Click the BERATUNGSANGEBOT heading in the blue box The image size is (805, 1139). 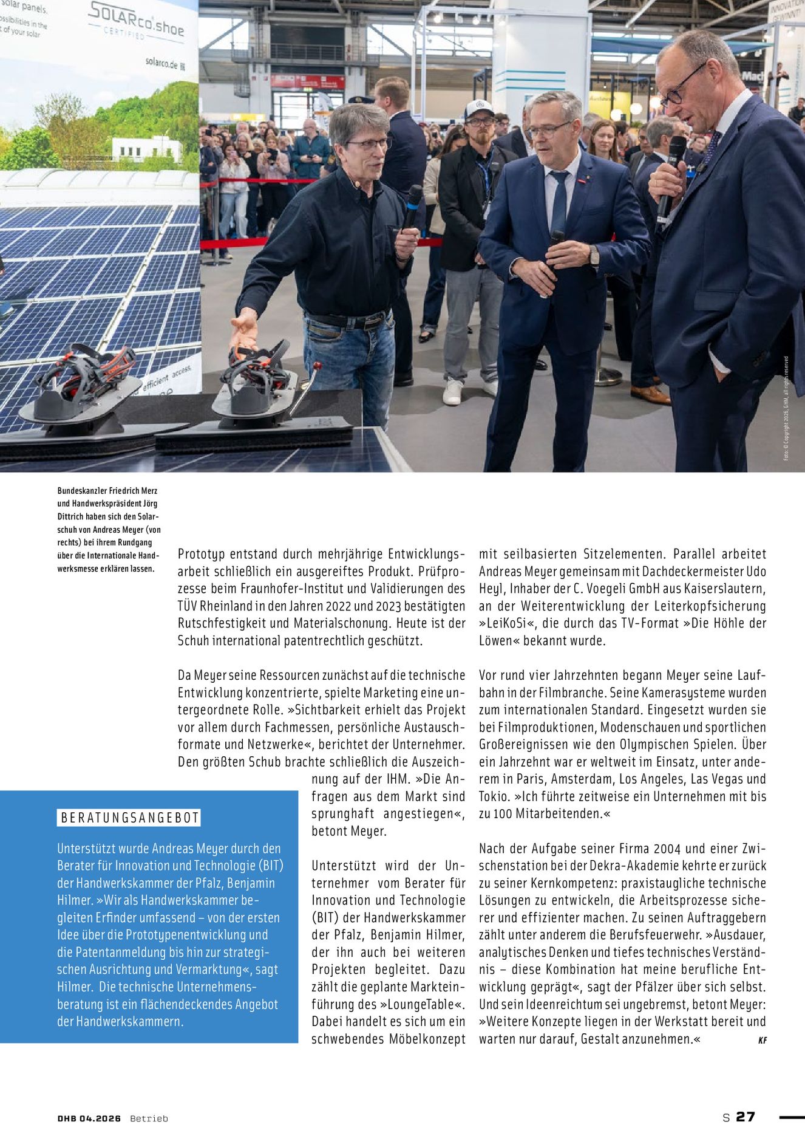pos(130,818)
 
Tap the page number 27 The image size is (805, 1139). pos(746,1117)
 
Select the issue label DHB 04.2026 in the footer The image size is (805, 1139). pos(89,1118)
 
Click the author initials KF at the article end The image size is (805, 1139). pos(762,1040)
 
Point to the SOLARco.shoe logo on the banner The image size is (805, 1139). pos(136,18)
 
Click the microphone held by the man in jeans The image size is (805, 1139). pos(413,204)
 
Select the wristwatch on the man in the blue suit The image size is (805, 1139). pos(594,256)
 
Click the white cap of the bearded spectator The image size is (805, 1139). pos(479,108)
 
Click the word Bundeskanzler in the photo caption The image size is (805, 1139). pos(82,490)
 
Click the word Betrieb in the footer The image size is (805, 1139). pos(149,1118)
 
